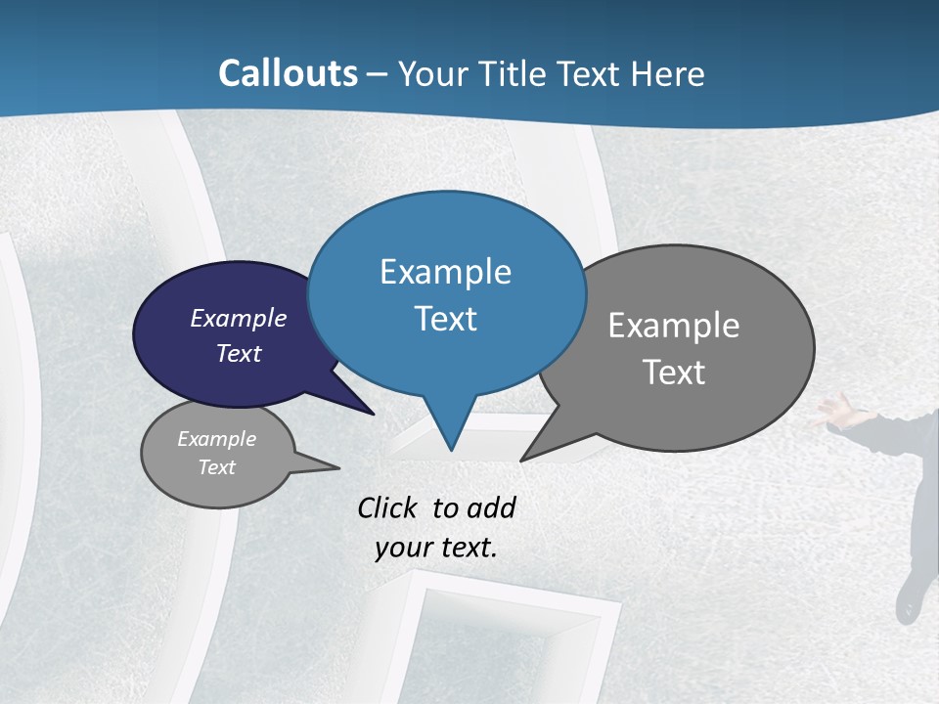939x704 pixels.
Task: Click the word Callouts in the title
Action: pyautogui.click(x=288, y=73)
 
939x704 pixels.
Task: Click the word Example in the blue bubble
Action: pyautogui.click(x=445, y=272)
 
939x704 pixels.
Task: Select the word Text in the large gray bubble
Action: pyautogui.click(x=674, y=373)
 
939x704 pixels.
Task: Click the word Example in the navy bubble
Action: pyautogui.click(x=239, y=319)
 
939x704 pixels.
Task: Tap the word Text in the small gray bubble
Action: pyautogui.click(x=217, y=467)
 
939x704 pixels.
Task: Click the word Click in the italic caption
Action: pyautogui.click(x=389, y=507)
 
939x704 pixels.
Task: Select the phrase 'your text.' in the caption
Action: pyautogui.click(x=436, y=549)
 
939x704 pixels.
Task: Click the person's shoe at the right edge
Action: pyautogui.click(x=911, y=601)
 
